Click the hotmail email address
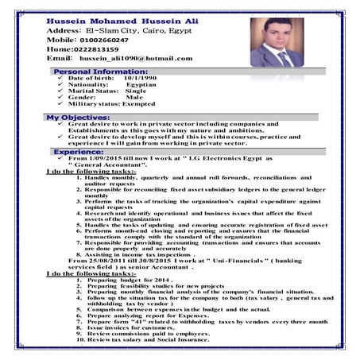coord(136,59)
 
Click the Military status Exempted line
coord(112,103)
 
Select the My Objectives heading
coord(79,117)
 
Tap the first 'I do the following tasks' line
coord(91,171)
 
